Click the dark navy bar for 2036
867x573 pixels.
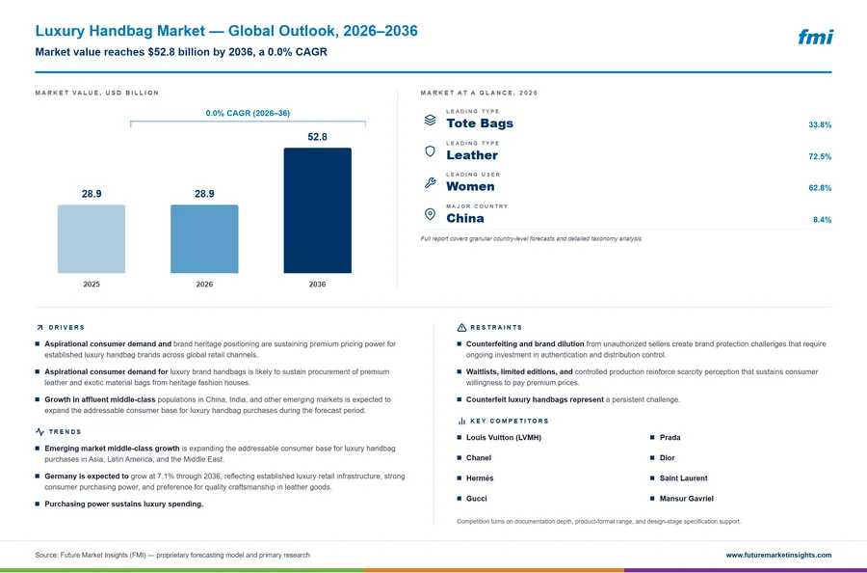[x=317, y=210]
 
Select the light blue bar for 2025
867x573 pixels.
[x=92, y=239]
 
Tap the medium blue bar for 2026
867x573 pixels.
[x=204, y=239]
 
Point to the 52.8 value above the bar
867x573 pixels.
[x=317, y=137]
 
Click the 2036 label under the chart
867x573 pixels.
[x=317, y=284]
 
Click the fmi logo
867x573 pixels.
[x=815, y=37]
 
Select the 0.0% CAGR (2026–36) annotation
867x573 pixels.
[x=248, y=113]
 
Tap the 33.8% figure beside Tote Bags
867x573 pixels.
[x=820, y=125]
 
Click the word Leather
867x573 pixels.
[x=472, y=155]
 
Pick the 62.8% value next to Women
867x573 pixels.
[x=820, y=188]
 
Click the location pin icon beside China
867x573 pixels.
[x=430, y=214]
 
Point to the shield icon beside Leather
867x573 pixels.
[x=430, y=151]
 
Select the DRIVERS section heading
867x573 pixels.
[x=66, y=328]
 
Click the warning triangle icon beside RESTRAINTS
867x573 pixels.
[x=461, y=328]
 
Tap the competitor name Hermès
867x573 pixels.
[x=480, y=478]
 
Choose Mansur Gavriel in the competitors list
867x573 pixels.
[x=686, y=499]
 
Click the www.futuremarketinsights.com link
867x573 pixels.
[x=778, y=555]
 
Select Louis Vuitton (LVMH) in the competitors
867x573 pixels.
[x=504, y=437]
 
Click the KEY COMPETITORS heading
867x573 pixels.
[x=510, y=422]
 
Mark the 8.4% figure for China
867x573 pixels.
[x=823, y=220]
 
